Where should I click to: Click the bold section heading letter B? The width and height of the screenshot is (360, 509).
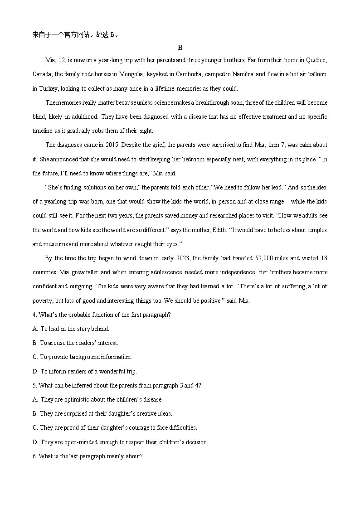(180, 48)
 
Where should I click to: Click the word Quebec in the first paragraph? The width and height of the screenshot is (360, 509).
(316, 60)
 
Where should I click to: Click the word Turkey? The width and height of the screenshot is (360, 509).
(44, 88)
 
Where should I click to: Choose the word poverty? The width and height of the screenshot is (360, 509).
(44, 301)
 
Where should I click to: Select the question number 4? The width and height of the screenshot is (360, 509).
(35, 315)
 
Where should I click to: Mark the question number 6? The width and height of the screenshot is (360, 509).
(35, 456)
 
